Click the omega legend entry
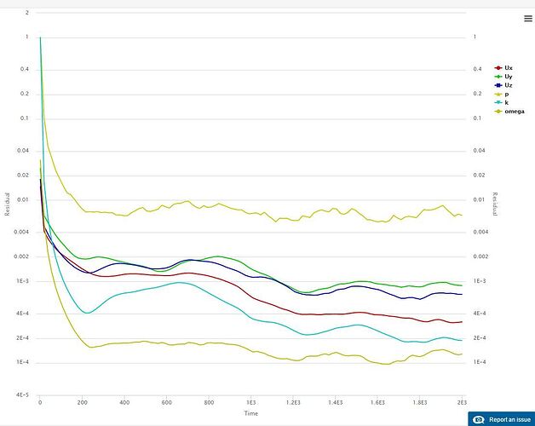pos(511,112)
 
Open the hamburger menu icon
pos(527,18)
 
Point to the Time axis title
pos(251,412)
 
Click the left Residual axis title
pos(8,204)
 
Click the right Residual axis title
pos(494,204)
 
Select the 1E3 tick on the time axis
pos(250,401)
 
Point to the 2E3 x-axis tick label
pos(462,401)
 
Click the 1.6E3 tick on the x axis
pos(377,401)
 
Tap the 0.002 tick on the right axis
pos(480,256)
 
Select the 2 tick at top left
pos(27,14)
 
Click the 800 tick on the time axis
pos(209,401)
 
